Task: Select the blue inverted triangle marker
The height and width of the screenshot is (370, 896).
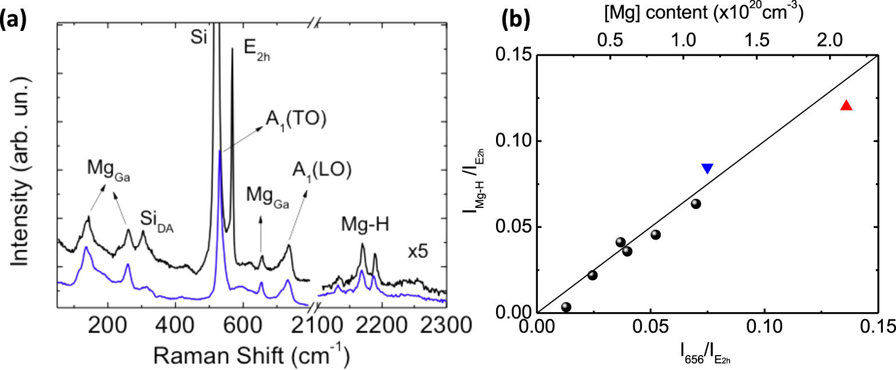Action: pos(707,168)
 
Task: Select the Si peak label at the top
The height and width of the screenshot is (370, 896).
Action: pos(198,40)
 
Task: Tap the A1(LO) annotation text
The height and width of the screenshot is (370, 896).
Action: pos(314,171)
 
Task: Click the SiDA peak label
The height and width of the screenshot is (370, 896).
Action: pos(156,219)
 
